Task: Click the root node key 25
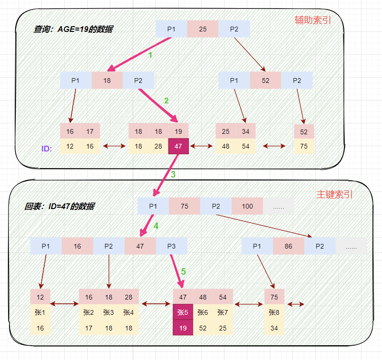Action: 203,29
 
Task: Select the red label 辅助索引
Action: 313,20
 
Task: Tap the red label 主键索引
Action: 335,195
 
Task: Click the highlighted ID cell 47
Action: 178,146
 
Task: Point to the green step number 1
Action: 150,55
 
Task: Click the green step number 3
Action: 173,174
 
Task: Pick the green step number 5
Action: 183,271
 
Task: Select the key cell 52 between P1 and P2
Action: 265,80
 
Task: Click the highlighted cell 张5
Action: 183,312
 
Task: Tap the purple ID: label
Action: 47,149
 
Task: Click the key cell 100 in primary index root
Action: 247,206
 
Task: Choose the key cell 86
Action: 288,246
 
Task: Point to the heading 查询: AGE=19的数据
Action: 73,29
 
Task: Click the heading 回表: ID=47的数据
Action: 59,206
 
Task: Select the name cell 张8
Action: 274,312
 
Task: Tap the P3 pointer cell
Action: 171,246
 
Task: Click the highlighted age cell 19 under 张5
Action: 183,328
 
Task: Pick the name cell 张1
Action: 40,312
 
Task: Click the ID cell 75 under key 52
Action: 304,146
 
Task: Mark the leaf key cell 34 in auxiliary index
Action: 245,131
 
